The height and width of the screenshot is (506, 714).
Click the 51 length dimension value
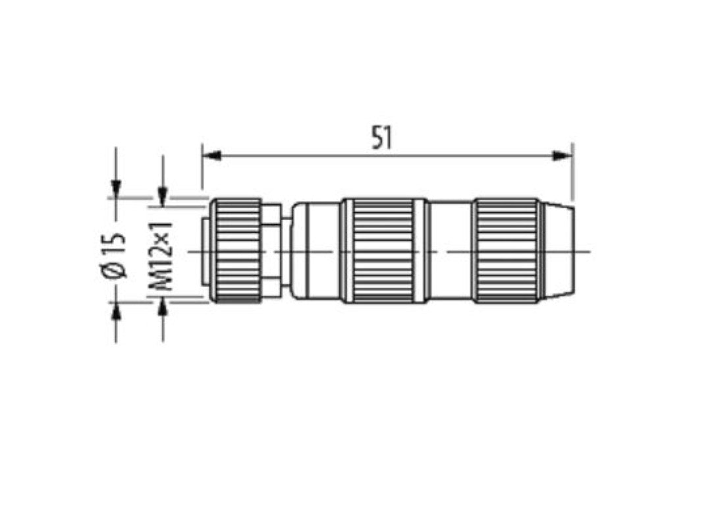click(x=382, y=138)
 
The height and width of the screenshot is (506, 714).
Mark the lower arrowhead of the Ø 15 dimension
click(x=116, y=310)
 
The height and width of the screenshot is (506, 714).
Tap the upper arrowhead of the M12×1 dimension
click(x=163, y=196)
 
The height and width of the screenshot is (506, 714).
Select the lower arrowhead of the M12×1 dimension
click(x=163, y=305)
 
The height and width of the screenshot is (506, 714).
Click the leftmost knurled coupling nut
click(x=236, y=251)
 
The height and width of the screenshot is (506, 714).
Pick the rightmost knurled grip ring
click(x=507, y=251)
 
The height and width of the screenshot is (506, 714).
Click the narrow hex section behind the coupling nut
click(x=271, y=251)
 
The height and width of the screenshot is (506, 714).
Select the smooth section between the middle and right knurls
click(x=451, y=251)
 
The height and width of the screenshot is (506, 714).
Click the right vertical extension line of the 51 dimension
click(x=572, y=171)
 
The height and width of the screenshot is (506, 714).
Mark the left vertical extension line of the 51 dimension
click(x=202, y=171)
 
